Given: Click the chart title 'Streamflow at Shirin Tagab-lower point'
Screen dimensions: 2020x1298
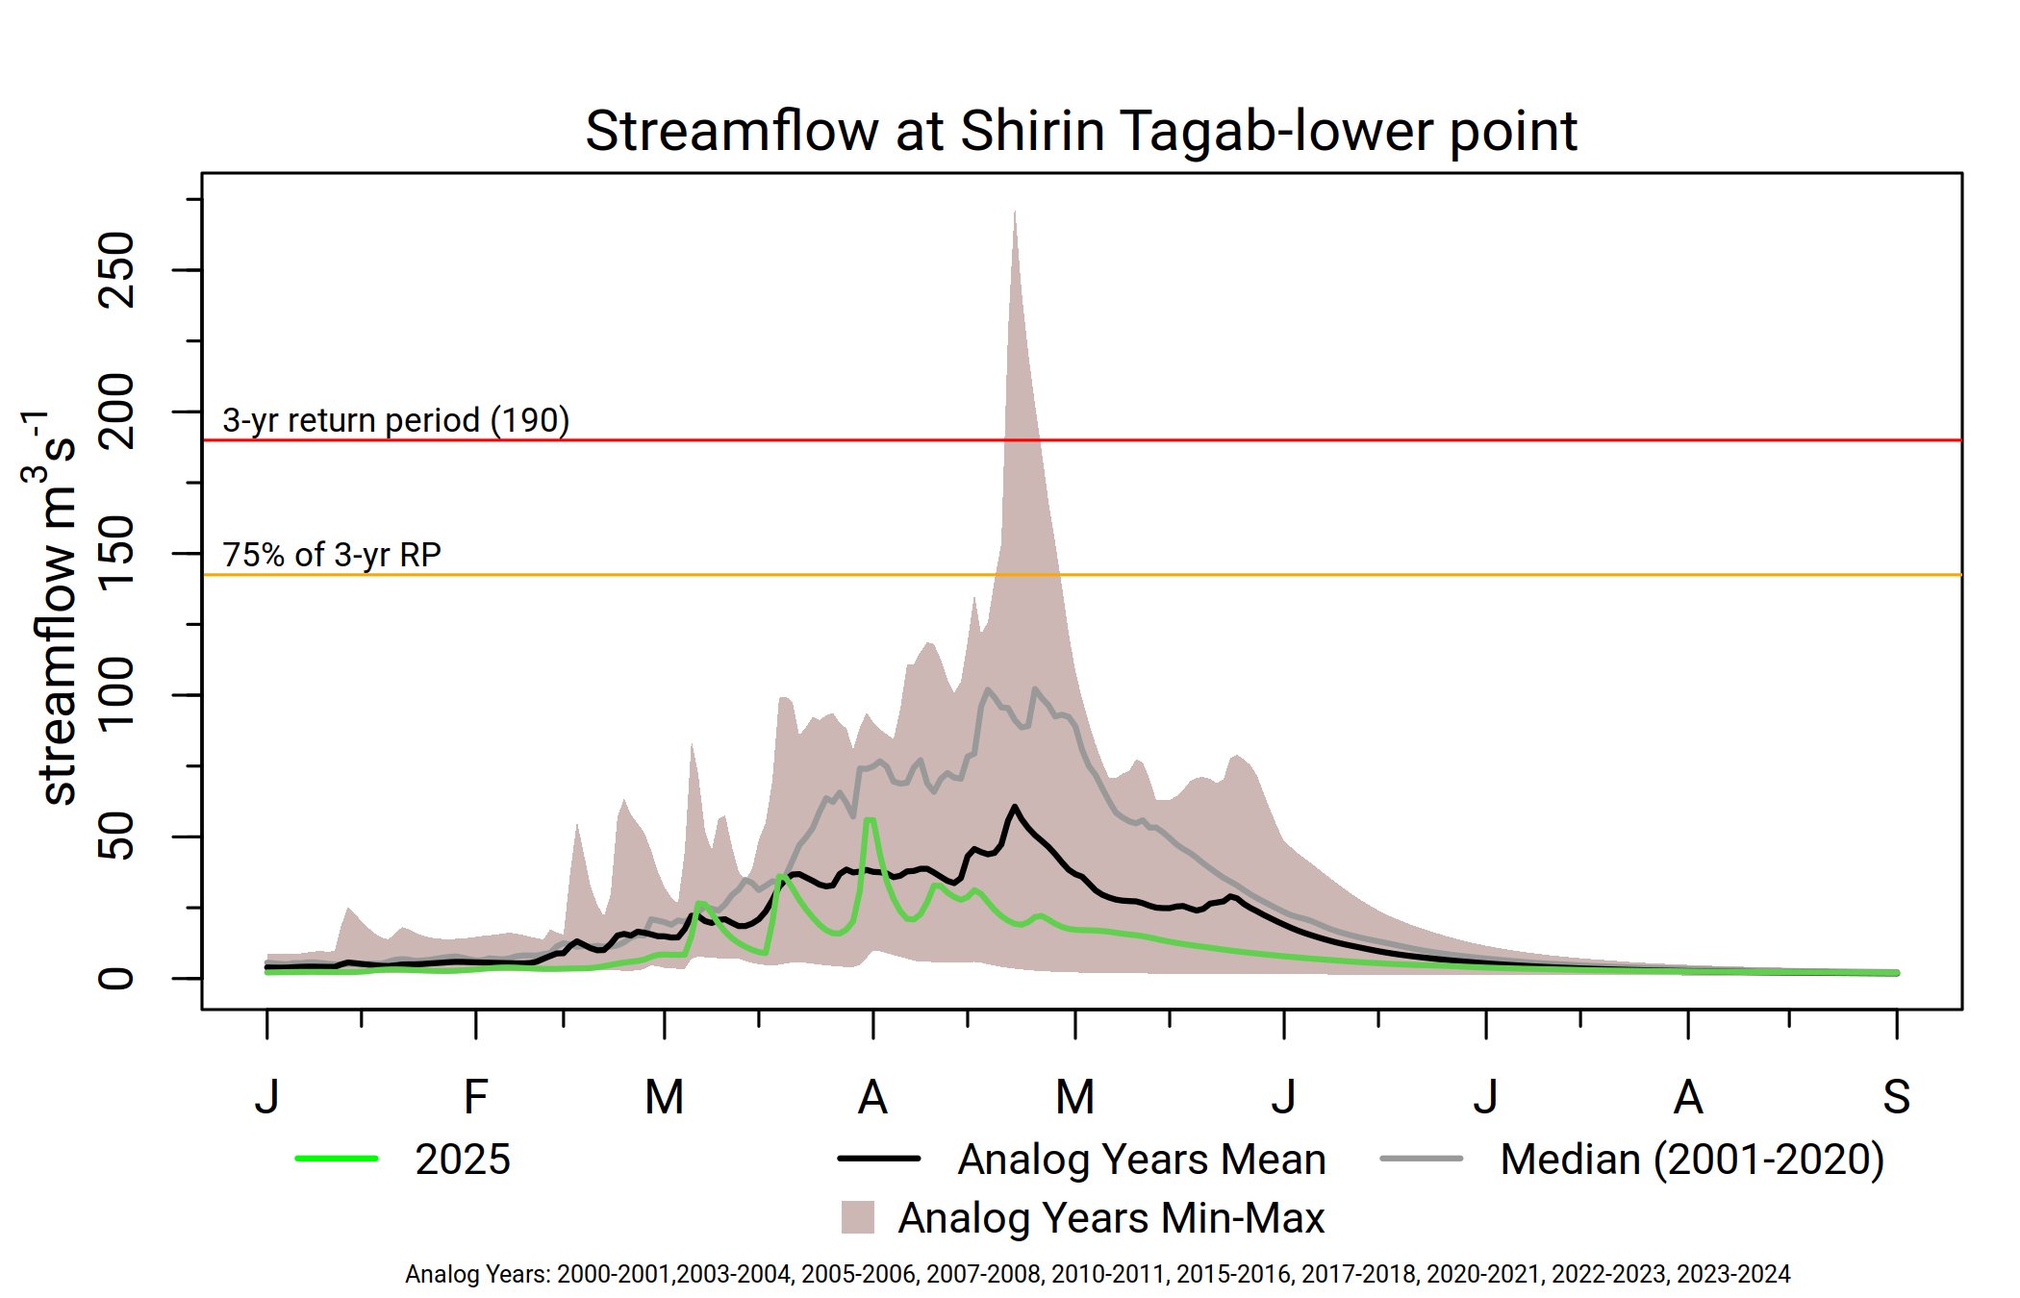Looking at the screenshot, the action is pyautogui.click(x=1081, y=132).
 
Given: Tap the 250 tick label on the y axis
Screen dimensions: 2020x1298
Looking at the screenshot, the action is pyautogui.click(x=116, y=270).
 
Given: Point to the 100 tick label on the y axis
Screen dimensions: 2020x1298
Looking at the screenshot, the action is pyautogui.click(x=116, y=694).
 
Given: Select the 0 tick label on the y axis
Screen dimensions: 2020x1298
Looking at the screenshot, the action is pyautogui.click(x=116, y=979).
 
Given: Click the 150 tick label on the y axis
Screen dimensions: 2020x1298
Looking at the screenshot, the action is pyautogui.click(x=116, y=553).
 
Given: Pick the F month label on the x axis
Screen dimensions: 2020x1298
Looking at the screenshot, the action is pyautogui.click(x=476, y=1097).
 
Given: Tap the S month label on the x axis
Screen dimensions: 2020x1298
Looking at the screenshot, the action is pyautogui.click(x=1896, y=1097).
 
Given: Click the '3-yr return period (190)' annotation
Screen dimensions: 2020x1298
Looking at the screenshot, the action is pyautogui.click(x=395, y=421).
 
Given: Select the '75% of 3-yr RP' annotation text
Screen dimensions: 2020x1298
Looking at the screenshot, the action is pyautogui.click(x=332, y=556).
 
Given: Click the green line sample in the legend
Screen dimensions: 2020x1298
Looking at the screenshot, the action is pyautogui.click(x=337, y=1159).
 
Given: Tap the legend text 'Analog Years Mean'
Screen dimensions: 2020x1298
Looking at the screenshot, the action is pyautogui.click(x=1142, y=1160).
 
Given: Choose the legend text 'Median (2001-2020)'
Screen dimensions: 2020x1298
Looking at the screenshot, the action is pyautogui.click(x=1692, y=1160).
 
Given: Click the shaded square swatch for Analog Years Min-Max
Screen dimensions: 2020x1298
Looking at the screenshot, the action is pyautogui.click(x=858, y=1217).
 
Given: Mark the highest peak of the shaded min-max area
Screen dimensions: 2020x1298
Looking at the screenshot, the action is pyautogui.click(x=1015, y=212).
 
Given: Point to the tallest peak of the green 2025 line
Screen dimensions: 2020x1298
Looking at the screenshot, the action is pyautogui.click(x=870, y=819).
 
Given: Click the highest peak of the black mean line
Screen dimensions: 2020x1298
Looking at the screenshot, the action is pyautogui.click(x=1015, y=806).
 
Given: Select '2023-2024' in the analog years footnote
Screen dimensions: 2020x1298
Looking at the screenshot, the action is pyautogui.click(x=1733, y=1274).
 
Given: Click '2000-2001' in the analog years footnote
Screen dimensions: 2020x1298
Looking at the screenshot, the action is pyautogui.click(x=614, y=1274).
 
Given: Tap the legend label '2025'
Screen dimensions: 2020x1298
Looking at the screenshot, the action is pyautogui.click(x=463, y=1160).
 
